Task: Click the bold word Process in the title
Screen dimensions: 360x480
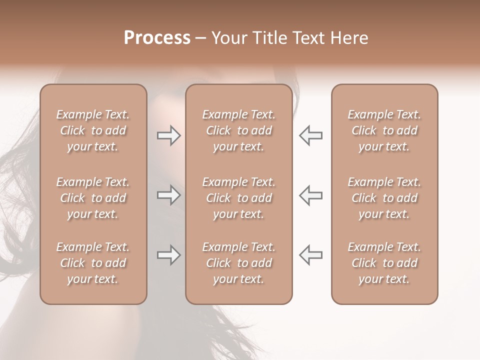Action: pos(157,38)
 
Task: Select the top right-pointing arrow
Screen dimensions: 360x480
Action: pos(168,135)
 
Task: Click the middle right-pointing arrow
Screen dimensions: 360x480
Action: pos(168,195)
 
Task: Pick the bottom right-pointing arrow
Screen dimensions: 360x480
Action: pos(168,255)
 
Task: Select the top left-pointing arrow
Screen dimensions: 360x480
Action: pos(310,135)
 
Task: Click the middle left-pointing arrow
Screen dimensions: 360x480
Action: pos(310,195)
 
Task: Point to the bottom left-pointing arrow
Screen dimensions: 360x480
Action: pos(310,255)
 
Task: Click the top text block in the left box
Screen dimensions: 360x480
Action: pos(93,130)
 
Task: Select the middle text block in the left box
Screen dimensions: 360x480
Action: pos(93,198)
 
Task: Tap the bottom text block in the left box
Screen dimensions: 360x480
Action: pos(93,263)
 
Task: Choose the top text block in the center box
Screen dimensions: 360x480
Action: pos(238,130)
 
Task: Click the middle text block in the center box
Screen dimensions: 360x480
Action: pos(238,198)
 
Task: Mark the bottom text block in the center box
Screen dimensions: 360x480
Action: pos(238,263)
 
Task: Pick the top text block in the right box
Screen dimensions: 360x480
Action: pos(384,130)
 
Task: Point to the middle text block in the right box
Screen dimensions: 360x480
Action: pos(384,198)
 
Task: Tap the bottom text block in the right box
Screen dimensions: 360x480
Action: pos(384,263)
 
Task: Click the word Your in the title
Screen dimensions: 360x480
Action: pos(229,38)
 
